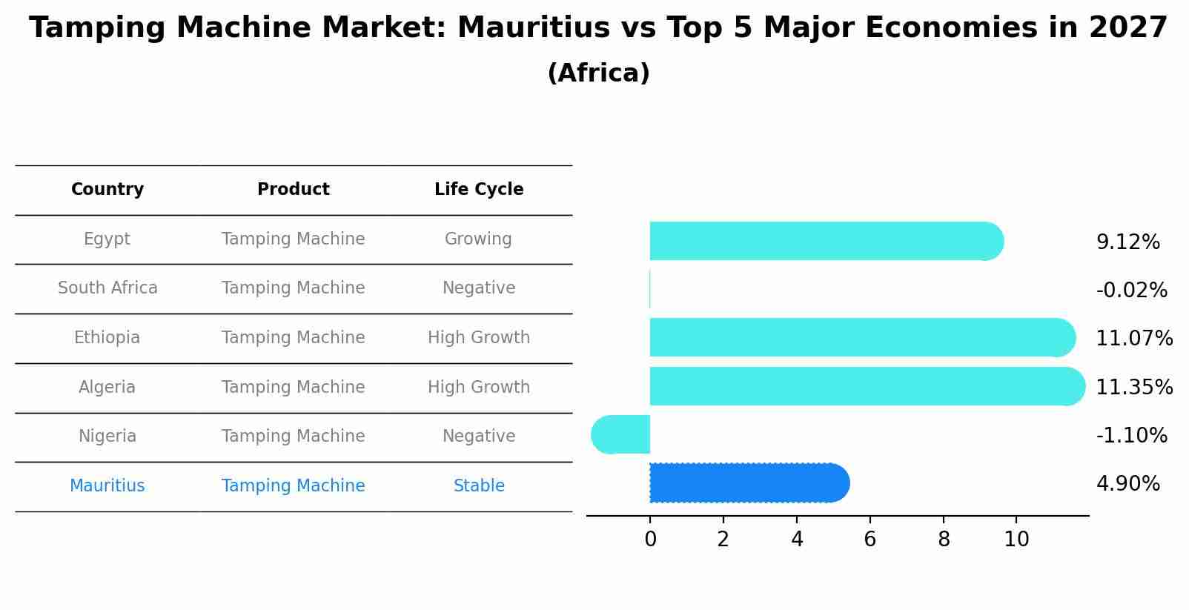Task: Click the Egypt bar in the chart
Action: [823, 241]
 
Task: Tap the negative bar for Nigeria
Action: [621, 434]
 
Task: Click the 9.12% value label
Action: [1127, 242]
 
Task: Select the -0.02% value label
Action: [1131, 291]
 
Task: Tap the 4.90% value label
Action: [1127, 484]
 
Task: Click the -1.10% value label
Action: [1131, 435]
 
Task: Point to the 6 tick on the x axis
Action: [870, 540]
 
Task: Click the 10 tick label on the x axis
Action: [1016, 540]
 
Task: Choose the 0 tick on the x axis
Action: [650, 540]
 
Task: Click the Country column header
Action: [107, 190]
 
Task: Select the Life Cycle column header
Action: [479, 190]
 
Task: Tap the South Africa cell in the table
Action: [107, 288]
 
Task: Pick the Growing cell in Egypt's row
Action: [478, 239]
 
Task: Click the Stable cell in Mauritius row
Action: [479, 486]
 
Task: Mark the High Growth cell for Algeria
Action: [479, 388]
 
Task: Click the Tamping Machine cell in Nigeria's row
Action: [293, 437]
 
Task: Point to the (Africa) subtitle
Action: [598, 73]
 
